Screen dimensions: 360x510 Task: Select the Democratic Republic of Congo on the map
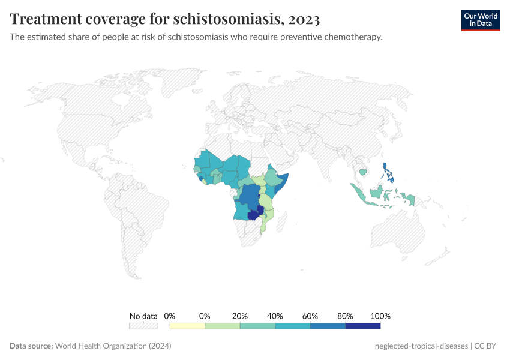pos(248,199)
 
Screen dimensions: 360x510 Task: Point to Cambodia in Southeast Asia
pos(363,172)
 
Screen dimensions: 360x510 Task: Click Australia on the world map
pos(399,234)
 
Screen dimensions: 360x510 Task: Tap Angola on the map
pos(241,212)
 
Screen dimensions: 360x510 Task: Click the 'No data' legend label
pos(143,316)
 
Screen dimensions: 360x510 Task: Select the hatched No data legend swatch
pos(143,326)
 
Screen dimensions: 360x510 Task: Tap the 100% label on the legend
pos(380,316)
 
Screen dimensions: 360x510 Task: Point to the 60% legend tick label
pos(310,316)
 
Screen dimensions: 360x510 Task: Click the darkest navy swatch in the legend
pos(363,326)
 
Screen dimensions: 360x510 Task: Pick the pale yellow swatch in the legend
pos(187,326)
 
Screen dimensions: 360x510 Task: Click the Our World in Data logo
pos(481,20)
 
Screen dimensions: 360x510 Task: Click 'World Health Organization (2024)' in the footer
pos(113,346)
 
